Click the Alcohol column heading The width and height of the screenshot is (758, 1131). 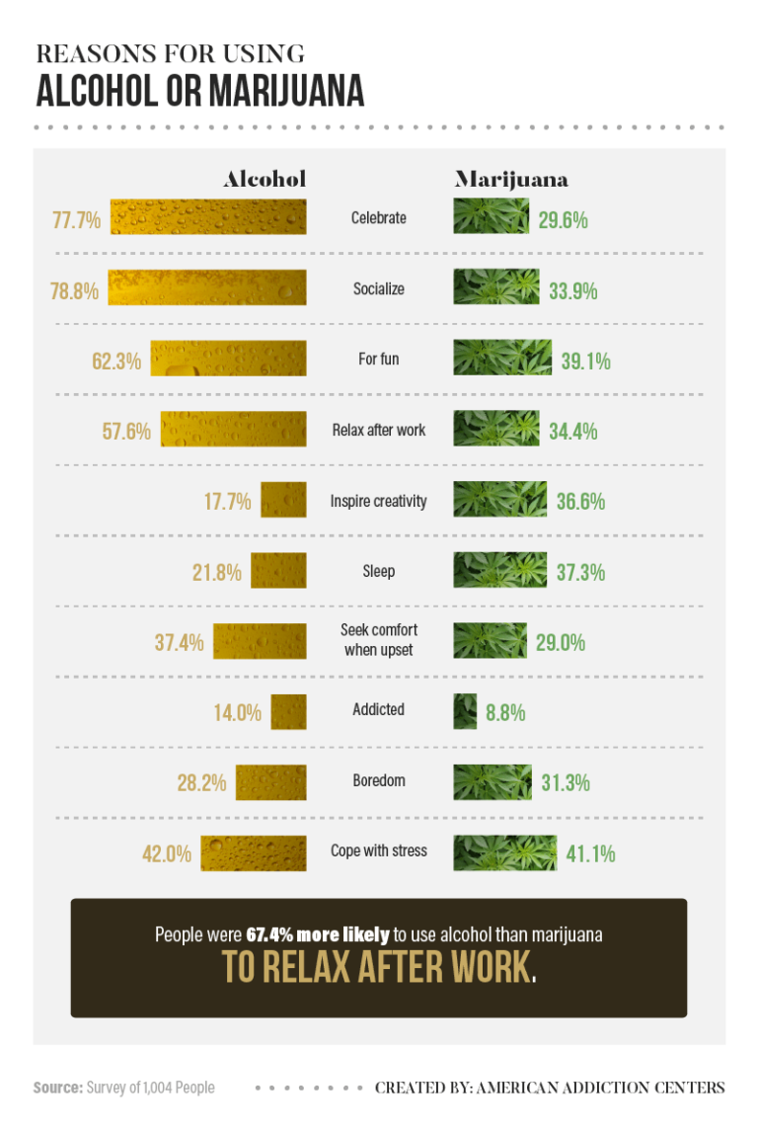tap(265, 179)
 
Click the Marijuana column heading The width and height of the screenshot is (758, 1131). tap(510, 179)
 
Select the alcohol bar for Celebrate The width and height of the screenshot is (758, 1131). tap(207, 217)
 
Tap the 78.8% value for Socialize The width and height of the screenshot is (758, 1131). tap(74, 291)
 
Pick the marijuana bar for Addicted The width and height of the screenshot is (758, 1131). tap(465, 711)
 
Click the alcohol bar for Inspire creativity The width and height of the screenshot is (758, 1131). tap(283, 500)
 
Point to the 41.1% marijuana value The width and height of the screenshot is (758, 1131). tap(590, 853)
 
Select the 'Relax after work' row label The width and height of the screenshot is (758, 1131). tap(379, 431)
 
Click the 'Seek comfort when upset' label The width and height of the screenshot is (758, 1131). tap(379, 639)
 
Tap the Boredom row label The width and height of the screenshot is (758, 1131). tap(379, 780)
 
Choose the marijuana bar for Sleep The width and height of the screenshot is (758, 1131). tap(499, 570)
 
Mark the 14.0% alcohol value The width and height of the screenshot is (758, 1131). tap(237, 712)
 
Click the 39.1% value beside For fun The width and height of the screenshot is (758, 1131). tap(585, 362)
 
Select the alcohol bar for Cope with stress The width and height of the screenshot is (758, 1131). tap(253, 852)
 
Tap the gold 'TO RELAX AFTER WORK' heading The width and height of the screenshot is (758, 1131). tap(376, 967)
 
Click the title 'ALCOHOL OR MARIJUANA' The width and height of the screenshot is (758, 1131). tap(199, 91)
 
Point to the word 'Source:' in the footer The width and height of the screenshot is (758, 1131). tap(55, 1088)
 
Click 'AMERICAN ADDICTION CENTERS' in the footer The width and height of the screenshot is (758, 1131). tap(600, 1088)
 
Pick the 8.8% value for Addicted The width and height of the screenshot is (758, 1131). tap(505, 712)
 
